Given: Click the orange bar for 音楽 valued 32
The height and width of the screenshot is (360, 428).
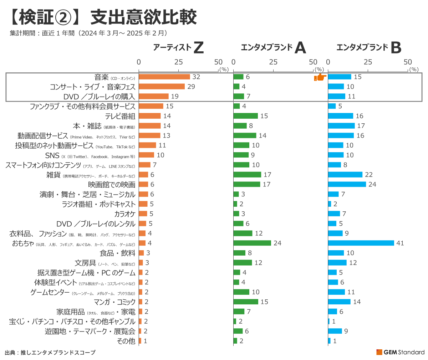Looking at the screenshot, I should click(x=164, y=77).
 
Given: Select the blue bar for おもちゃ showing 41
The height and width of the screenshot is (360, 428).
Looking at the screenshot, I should click(x=361, y=243).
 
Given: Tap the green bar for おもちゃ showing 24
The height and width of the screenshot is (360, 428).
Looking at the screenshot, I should click(x=252, y=243).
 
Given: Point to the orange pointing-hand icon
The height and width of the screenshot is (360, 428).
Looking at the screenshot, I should click(x=320, y=77).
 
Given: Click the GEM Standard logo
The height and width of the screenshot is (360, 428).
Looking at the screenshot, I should click(x=400, y=352).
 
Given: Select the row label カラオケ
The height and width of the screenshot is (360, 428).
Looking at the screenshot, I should click(x=125, y=214).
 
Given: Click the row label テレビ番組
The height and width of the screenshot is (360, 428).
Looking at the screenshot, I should click(x=120, y=116).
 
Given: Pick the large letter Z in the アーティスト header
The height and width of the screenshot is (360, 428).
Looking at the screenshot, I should click(x=198, y=48).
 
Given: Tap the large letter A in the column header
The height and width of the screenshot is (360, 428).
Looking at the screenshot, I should click(x=300, y=48).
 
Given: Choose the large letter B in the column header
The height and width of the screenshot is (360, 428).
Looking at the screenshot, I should click(x=396, y=48).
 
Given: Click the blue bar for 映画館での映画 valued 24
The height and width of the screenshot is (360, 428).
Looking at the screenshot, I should click(x=347, y=184).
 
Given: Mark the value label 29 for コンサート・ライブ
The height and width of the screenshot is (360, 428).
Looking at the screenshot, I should click(x=191, y=87).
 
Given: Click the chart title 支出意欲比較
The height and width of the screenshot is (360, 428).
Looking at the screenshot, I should click(x=143, y=17).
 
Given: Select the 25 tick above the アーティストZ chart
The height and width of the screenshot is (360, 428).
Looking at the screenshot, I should click(x=179, y=62).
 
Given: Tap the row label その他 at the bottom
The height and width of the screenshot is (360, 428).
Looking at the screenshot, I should click(x=126, y=341).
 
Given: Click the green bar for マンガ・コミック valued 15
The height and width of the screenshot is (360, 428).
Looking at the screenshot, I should click(x=246, y=302).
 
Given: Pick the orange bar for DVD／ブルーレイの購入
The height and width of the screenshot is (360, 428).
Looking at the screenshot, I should click(x=154, y=96).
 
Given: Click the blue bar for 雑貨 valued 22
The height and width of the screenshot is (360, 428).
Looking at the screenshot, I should click(x=345, y=175).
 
